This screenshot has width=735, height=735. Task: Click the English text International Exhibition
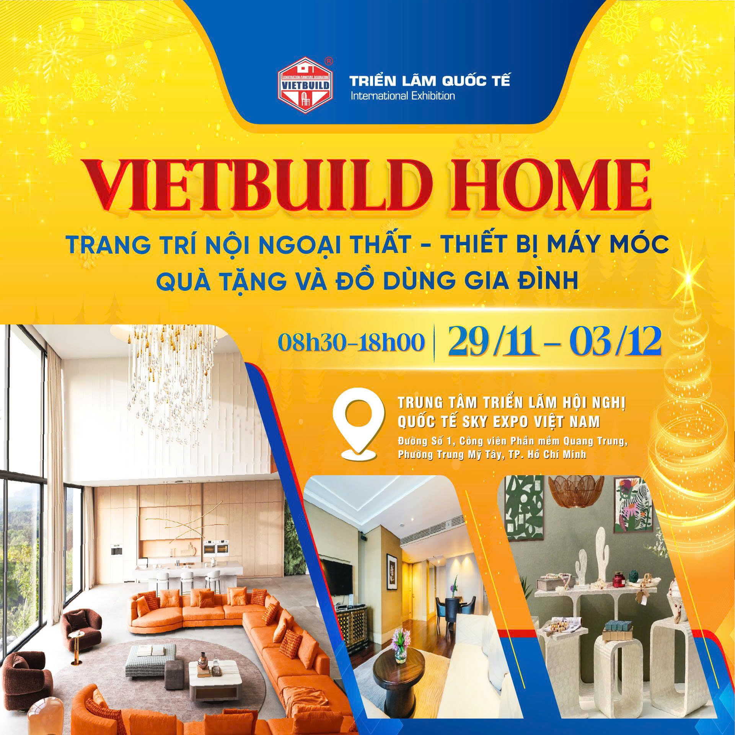pos(403,96)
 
